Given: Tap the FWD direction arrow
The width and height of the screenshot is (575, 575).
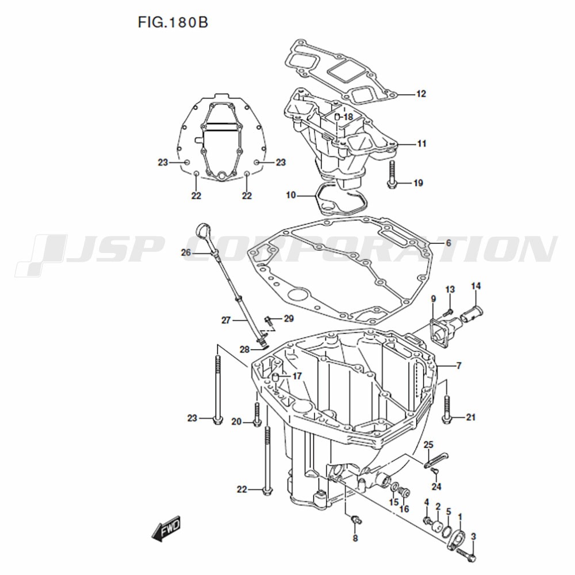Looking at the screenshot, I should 167,527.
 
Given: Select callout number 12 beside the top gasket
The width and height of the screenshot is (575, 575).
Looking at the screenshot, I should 421,94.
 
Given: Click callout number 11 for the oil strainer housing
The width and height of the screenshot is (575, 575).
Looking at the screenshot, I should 421,144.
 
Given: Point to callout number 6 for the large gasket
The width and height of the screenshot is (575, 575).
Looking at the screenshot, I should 448,243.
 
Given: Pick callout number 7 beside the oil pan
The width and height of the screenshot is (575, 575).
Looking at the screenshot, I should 458,365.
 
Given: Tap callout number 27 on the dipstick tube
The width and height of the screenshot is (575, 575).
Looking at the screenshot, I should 226,320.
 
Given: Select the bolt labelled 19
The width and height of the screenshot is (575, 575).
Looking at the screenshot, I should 393,175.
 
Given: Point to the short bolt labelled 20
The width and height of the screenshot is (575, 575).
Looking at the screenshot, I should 257,414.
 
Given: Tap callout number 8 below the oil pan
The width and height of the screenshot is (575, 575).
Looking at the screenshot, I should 355,539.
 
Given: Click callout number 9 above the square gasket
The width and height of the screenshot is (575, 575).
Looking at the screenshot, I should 433,298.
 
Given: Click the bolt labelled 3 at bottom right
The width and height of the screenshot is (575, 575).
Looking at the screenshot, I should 467,556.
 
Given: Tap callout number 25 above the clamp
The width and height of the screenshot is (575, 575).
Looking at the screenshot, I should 428,444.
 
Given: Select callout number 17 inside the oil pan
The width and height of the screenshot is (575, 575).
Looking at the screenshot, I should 297,377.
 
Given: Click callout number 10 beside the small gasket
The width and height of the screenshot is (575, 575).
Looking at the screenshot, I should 290,195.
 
